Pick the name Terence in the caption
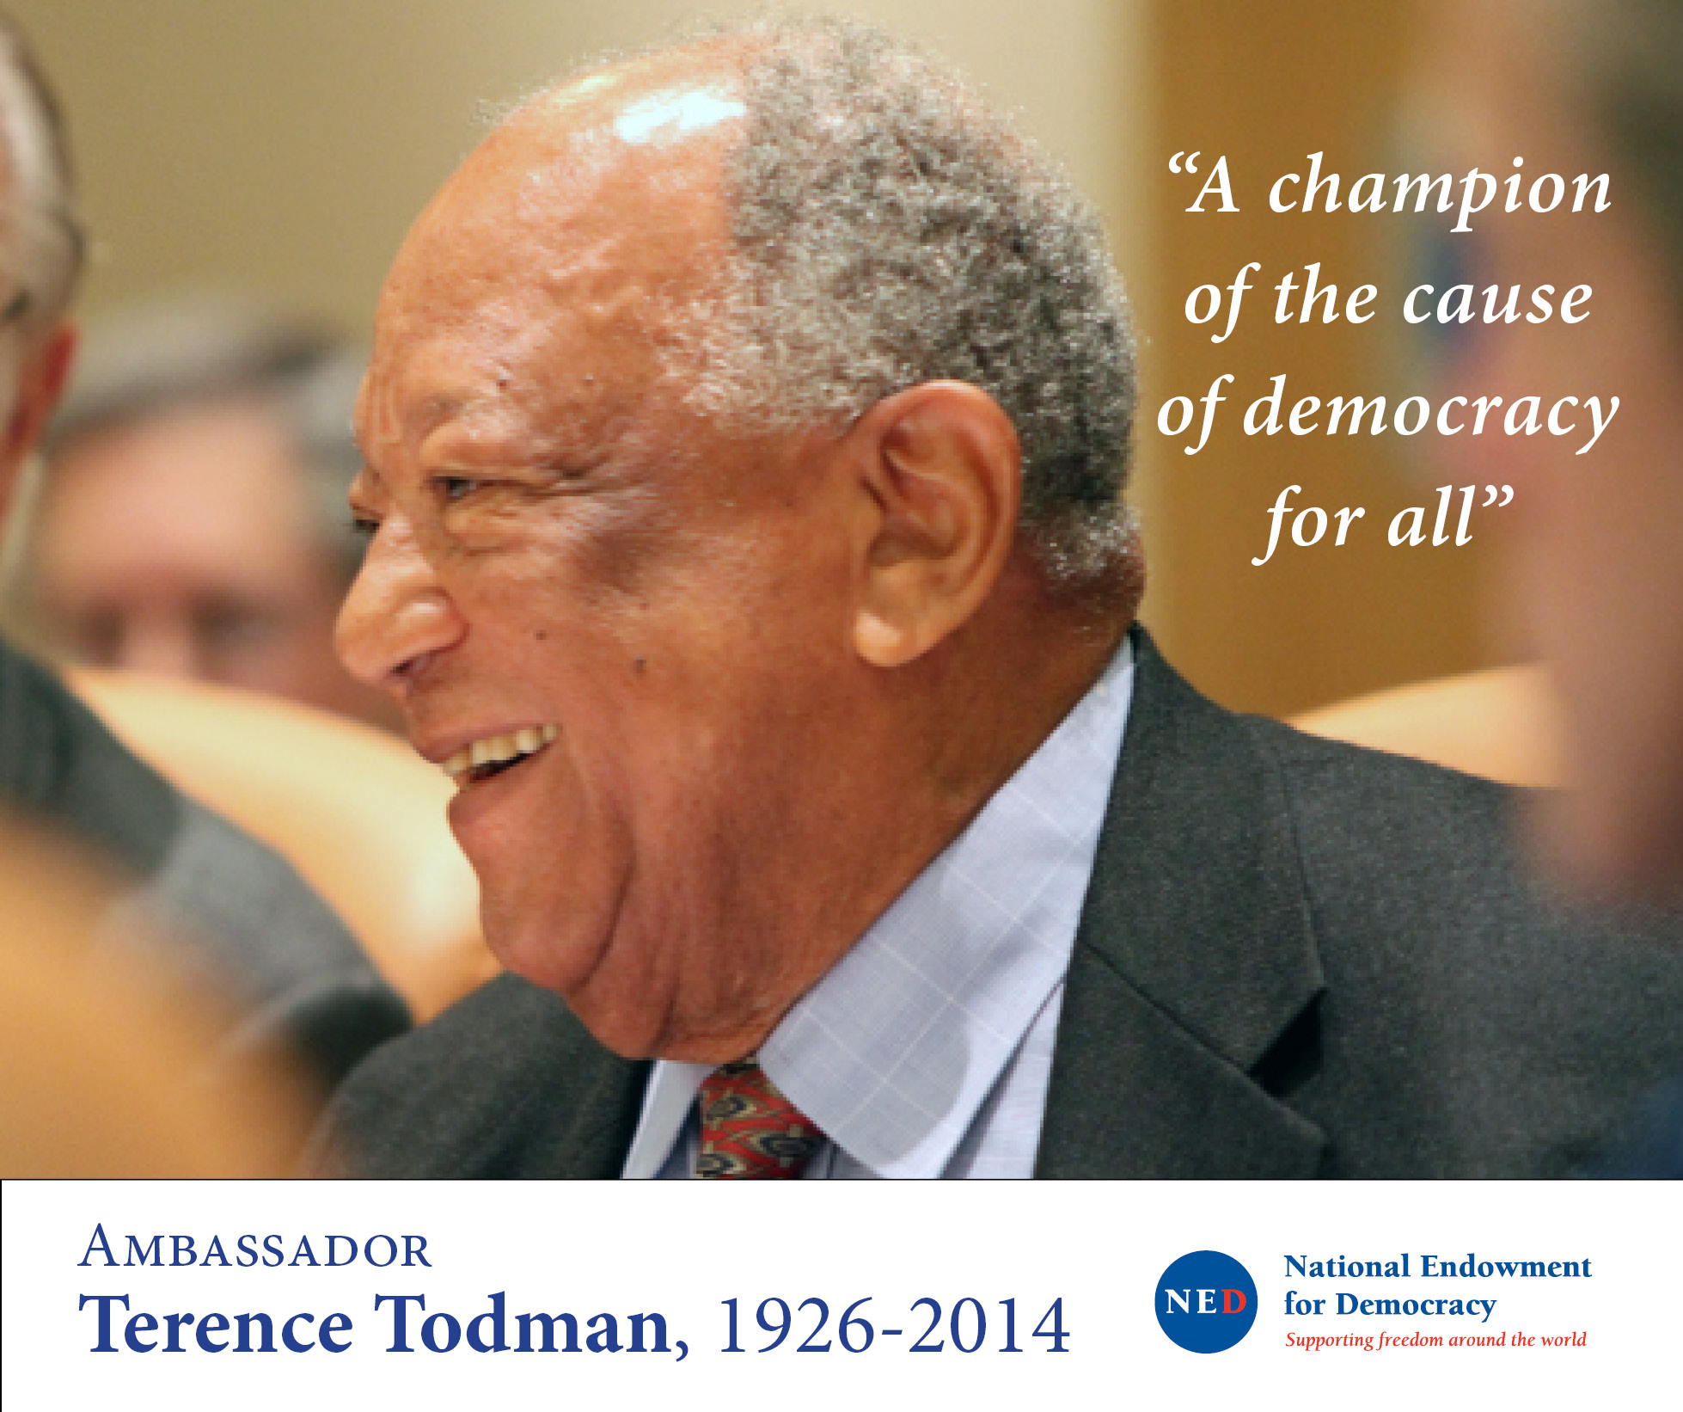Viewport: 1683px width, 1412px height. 216,1324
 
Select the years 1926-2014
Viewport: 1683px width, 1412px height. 894,1325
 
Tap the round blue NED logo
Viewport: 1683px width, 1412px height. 1205,1301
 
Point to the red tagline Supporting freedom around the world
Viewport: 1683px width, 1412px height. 1435,1340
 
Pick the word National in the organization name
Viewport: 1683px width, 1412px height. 1347,1267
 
